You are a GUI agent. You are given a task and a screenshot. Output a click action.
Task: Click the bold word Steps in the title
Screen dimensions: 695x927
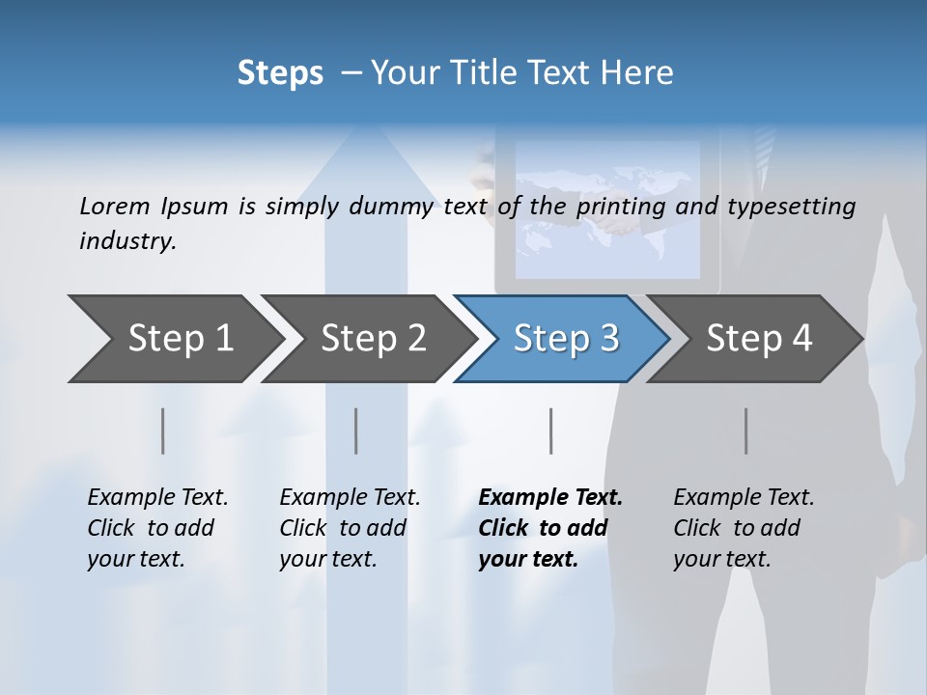280,73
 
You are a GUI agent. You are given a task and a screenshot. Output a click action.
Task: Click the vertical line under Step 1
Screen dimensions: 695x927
162,431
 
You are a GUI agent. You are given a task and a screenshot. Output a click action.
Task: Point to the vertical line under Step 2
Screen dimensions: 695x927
356,431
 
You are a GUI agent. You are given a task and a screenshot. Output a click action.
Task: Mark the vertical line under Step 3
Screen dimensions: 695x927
550,431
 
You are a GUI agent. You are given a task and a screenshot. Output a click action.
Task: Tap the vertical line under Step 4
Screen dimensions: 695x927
745,431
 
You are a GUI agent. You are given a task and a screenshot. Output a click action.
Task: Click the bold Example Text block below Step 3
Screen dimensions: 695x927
550,528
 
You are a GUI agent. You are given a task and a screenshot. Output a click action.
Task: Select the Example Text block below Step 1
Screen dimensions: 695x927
157,528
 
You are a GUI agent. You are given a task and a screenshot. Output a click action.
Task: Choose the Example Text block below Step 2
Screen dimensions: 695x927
350,528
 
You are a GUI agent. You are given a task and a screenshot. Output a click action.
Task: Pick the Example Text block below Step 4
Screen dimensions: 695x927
744,528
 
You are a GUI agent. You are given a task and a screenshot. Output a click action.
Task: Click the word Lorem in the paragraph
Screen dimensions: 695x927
115,206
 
